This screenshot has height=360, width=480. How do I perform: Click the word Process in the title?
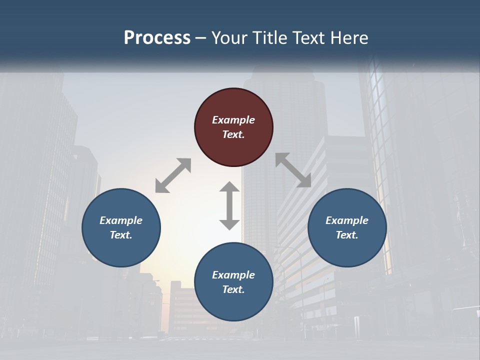(157, 38)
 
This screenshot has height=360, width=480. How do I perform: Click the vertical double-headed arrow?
(229, 205)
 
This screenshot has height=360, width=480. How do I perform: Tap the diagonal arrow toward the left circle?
(173, 175)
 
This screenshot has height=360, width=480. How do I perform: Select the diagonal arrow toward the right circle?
(293, 170)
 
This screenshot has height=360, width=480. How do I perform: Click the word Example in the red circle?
(233, 120)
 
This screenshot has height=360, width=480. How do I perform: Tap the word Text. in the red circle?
(233, 134)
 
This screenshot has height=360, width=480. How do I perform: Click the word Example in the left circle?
(121, 220)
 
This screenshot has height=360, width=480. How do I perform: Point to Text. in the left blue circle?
(121, 235)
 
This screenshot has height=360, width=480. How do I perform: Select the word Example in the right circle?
(347, 220)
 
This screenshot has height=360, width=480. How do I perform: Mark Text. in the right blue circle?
(347, 235)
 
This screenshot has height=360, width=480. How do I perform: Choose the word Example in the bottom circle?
(233, 275)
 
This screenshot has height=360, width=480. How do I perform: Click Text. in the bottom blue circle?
(233, 289)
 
